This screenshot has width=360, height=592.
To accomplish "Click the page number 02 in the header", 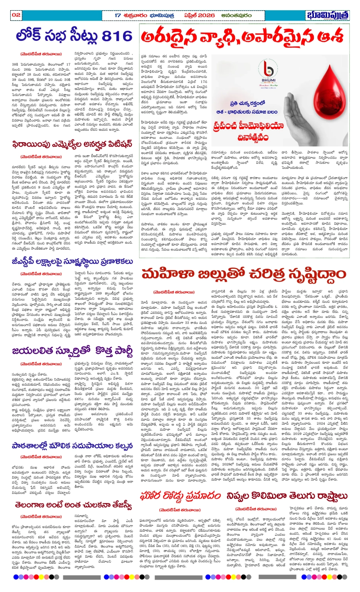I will [16, 15].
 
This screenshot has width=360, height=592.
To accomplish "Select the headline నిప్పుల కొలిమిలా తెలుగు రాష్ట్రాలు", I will [287, 496].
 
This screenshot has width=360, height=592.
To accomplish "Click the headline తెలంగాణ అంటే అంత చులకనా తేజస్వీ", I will [73, 505].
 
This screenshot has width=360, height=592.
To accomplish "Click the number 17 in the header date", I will [118, 15].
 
